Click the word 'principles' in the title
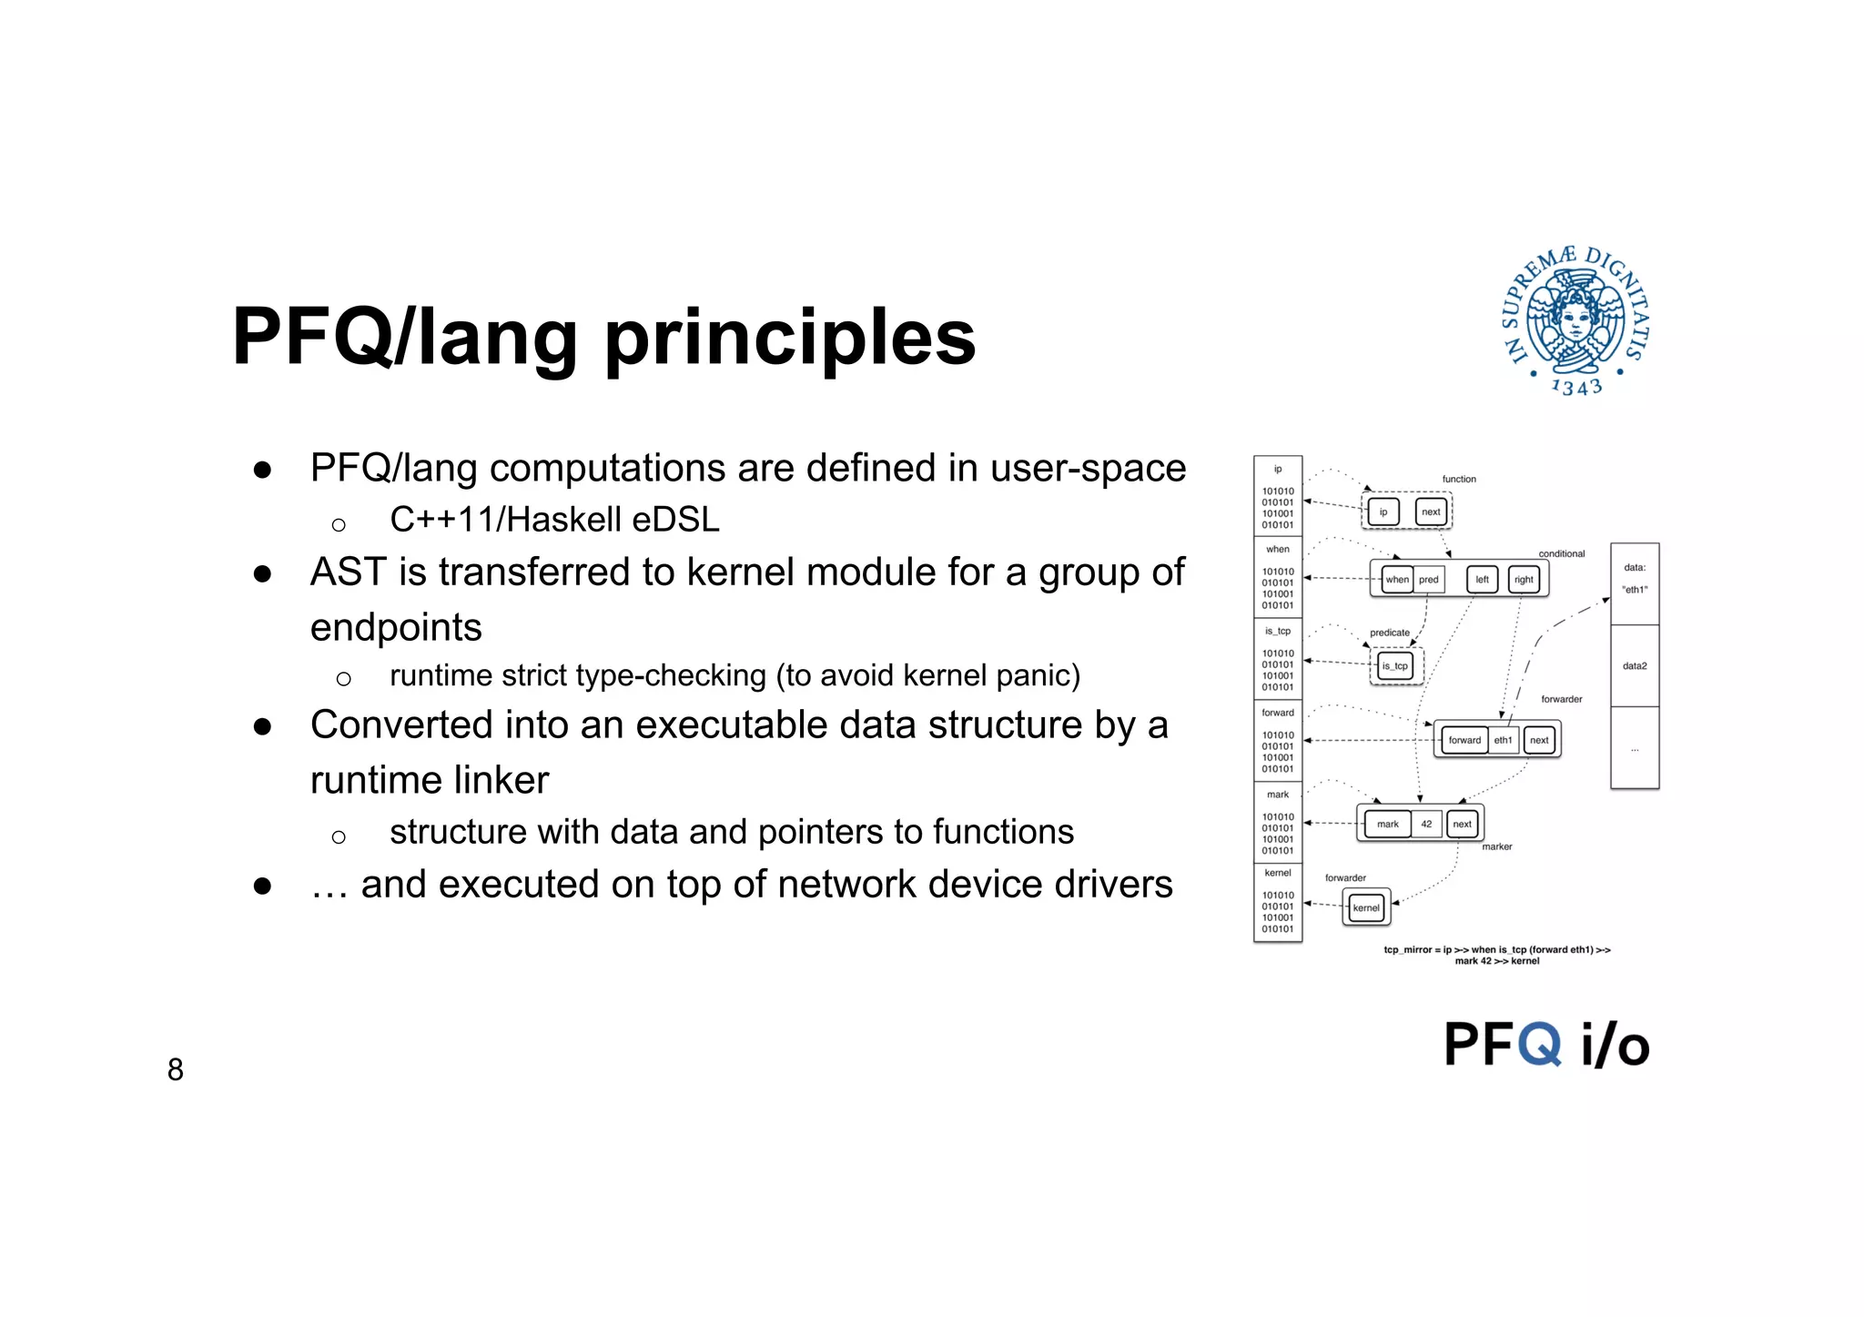coord(789,339)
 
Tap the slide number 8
coord(176,1069)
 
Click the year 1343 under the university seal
coord(1576,388)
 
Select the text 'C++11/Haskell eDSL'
coord(554,520)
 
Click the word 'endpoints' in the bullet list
coord(396,627)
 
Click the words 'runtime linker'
coord(430,780)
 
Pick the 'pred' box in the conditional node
coord(1429,580)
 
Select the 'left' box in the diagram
coord(1482,580)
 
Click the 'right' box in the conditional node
coord(1524,580)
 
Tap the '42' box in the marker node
coord(1426,825)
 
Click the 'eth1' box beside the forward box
coord(1503,741)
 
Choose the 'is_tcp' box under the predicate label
coord(1394,666)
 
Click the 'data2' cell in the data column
coord(1635,666)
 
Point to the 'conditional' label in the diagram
coord(1561,553)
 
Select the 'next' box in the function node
coord(1431,512)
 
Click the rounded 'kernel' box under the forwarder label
coord(1366,908)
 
